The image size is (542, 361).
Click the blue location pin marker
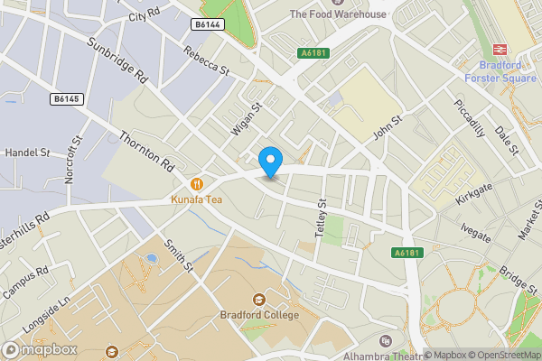[x=270, y=162]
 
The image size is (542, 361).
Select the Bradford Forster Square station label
[x=500, y=71]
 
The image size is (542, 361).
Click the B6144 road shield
[x=207, y=24]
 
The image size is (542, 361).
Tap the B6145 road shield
[x=65, y=97]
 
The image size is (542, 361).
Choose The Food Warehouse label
[x=338, y=14]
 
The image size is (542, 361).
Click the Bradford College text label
[x=259, y=316]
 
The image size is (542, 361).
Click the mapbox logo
[x=38, y=349]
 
